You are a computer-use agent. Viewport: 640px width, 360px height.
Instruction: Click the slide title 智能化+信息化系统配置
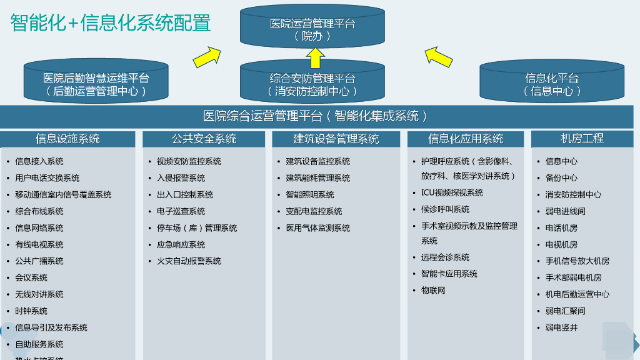[111, 23]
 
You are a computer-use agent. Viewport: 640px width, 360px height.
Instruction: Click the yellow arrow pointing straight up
[314, 57]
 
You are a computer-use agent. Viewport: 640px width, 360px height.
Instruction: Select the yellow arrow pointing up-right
[207, 57]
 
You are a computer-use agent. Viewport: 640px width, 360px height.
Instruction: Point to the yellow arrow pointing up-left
[438, 56]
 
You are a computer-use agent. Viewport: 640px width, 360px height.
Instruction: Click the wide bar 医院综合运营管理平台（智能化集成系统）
[316, 116]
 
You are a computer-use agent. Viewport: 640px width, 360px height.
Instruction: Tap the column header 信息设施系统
[67, 139]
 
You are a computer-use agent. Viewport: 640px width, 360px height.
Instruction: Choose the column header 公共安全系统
[204, 139]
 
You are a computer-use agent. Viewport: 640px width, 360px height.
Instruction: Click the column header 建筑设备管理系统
[336, 139]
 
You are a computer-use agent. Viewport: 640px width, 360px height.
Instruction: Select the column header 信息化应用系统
[466, 139]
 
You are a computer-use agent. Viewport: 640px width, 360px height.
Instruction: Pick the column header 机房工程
[582, 138]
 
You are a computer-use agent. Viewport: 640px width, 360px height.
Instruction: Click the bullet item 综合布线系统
[39, 211]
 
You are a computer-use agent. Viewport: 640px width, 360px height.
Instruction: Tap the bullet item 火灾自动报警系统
[189, 261]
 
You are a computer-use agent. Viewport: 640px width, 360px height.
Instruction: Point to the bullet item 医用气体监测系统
[318, 228]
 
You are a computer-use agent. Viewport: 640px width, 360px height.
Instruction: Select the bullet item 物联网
[433, 291]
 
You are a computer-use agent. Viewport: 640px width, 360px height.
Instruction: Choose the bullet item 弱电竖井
[561, 327]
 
